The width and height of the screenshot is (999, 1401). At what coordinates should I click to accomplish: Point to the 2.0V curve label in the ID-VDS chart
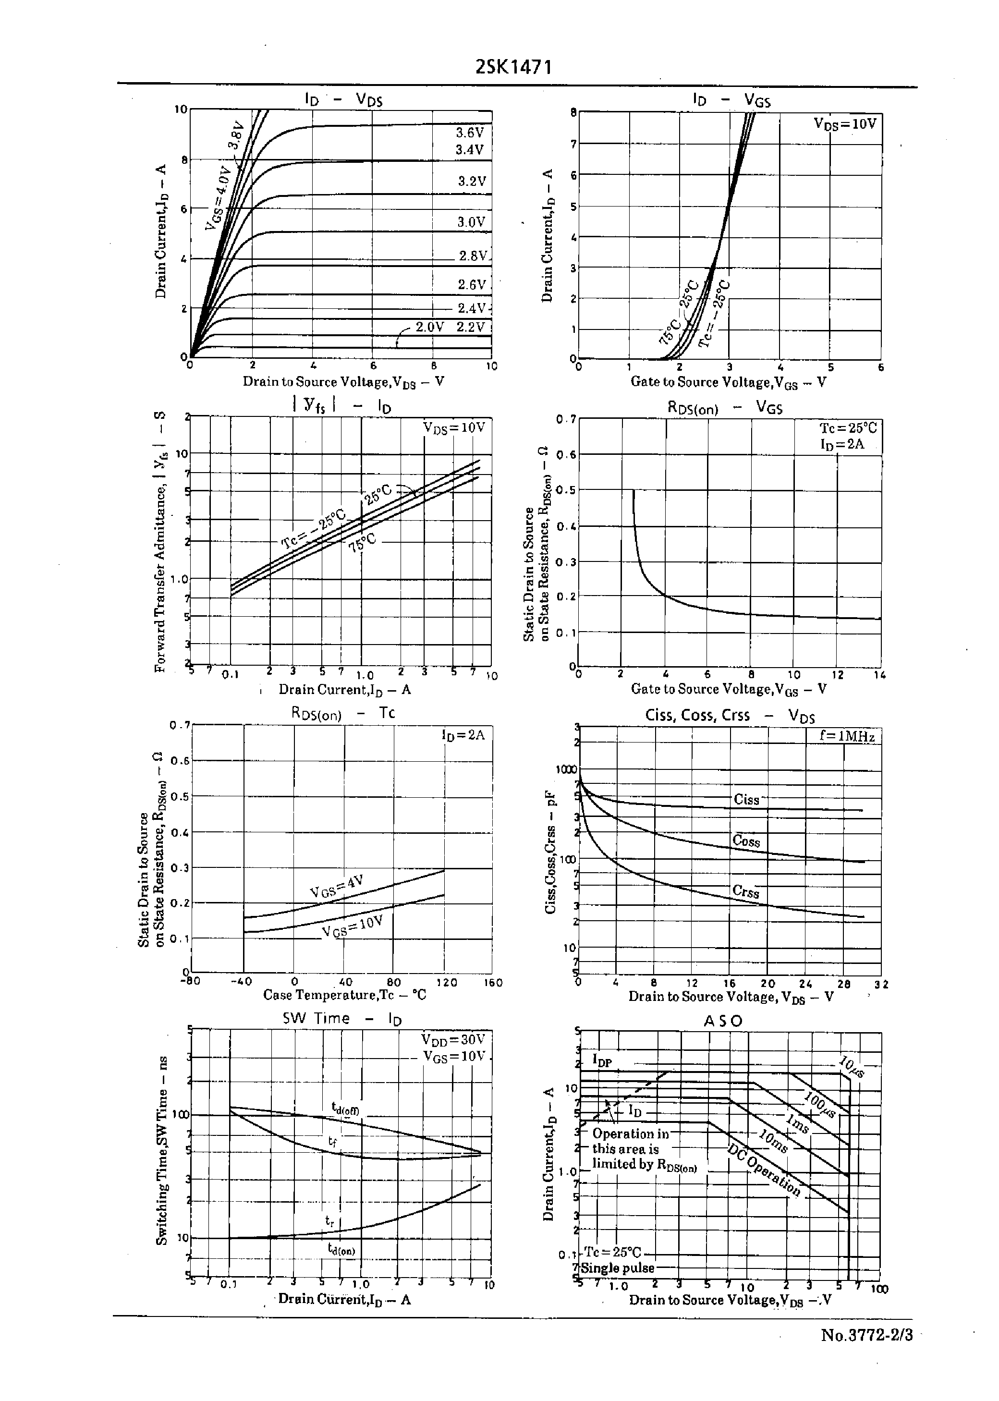(x=429, y=327)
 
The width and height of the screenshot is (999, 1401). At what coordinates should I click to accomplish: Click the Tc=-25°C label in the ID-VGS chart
(x=715, y=312)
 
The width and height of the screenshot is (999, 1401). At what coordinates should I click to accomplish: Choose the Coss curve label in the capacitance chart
(x=746, y=841)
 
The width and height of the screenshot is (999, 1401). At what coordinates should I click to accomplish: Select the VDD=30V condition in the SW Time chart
(x=453, y=1039)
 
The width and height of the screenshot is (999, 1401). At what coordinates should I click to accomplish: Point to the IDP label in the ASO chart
(x=602, y=1059)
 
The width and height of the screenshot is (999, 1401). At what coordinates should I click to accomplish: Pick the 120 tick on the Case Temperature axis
(x=447, y=982)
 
